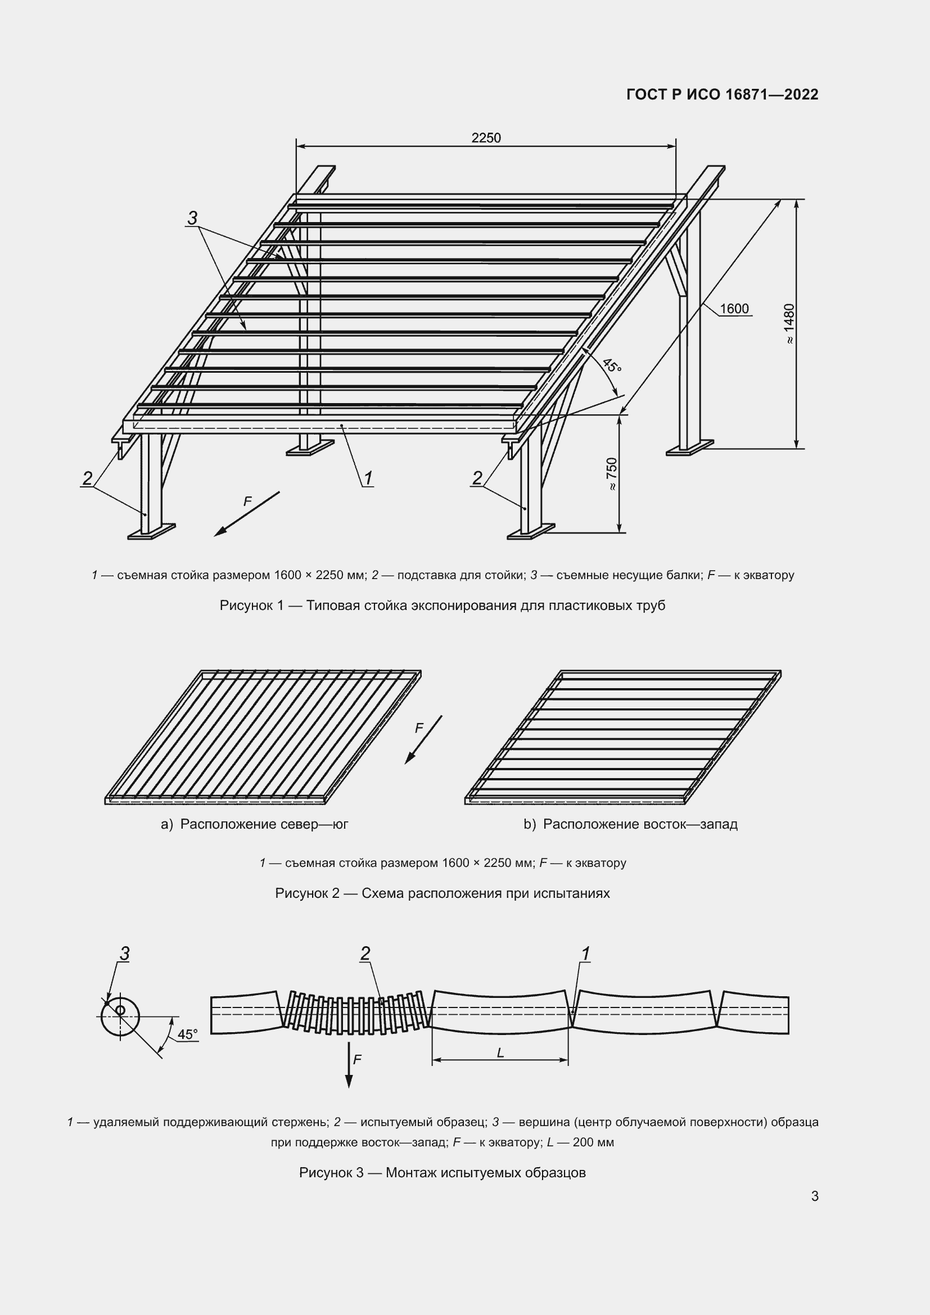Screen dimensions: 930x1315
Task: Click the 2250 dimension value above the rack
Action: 486,138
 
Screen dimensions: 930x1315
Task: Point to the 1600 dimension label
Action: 734,309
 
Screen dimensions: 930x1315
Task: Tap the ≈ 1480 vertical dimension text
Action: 789,324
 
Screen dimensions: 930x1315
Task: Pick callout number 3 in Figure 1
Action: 192,218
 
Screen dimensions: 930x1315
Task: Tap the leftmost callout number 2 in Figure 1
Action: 87,478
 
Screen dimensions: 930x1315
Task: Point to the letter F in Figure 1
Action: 247,501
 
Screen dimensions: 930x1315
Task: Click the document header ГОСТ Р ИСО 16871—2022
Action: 723,94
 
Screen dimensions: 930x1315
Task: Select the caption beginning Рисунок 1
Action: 442,605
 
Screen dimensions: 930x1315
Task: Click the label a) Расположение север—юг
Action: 255,824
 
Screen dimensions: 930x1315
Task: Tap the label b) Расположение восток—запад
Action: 630,824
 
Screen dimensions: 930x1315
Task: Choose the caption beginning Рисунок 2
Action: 442,893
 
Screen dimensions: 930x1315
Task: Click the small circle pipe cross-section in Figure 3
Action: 120,1016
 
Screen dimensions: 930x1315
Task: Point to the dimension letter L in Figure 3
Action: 500,1053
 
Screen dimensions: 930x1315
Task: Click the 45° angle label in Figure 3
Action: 187,1034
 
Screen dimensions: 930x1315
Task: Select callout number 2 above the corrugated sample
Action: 365,954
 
